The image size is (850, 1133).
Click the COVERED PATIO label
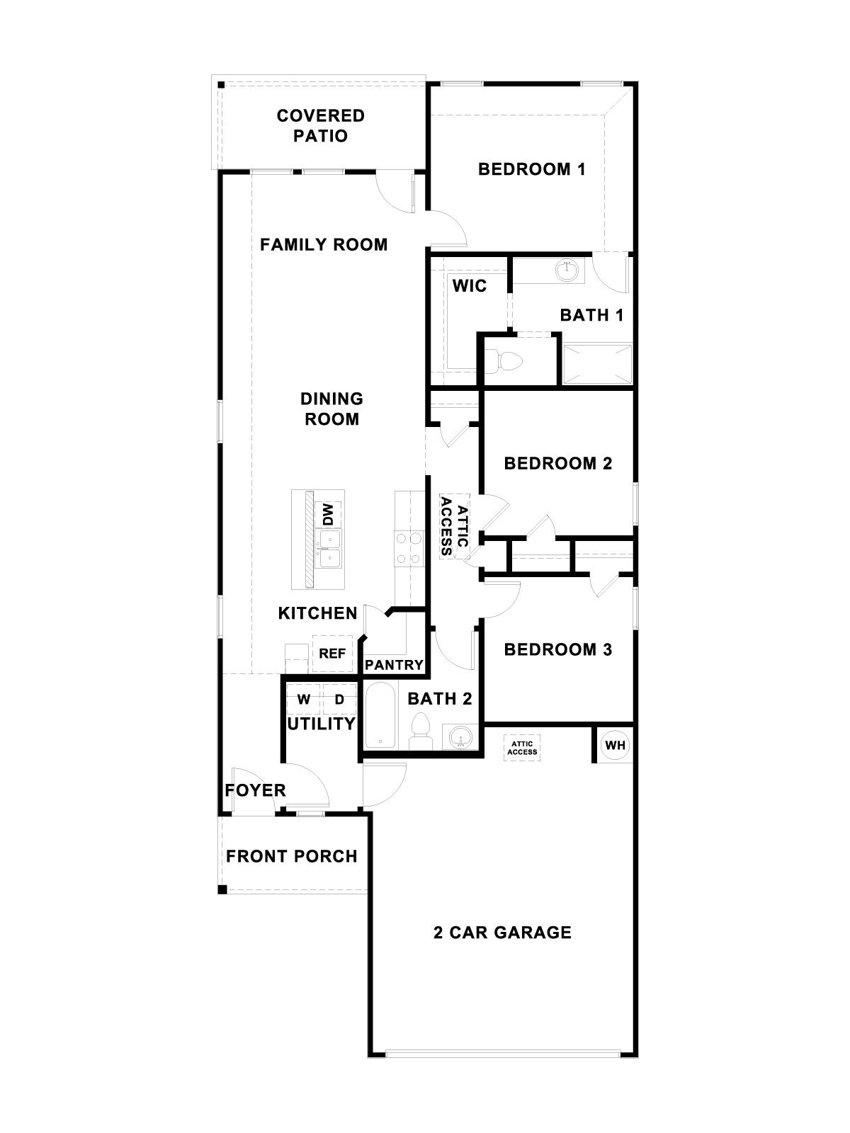click(320, 125)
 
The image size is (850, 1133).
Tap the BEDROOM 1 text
click(531, 169)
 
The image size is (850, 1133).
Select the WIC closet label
click(470, 286)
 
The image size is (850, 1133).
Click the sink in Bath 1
click(567, 270)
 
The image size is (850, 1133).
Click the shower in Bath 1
click(596, 364)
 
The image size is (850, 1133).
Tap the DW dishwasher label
click(328, 515)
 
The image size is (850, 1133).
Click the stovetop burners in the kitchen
click(407, 548)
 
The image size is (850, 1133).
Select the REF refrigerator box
click(331, 654)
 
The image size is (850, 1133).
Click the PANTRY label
click(394, 666)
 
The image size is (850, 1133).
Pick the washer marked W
click(304, 700)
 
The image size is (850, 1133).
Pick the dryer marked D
click(339, 700)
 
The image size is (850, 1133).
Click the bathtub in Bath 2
click(381, 715)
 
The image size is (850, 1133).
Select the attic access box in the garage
click(522, 748)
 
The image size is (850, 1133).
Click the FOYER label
click(255, 790)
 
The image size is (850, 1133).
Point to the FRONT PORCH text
click(291, 857)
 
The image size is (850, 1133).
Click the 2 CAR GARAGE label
click(502, 933)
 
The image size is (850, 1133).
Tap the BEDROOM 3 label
click(557, 649)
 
